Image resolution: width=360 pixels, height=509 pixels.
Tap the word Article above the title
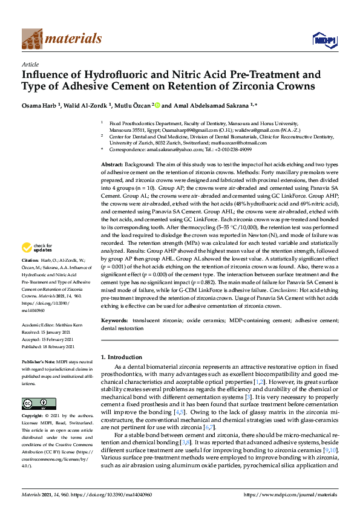pos(30,63)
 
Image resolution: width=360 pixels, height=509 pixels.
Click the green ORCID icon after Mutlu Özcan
pos(158,105)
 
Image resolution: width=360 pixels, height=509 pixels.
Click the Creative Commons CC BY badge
pos(30,403)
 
